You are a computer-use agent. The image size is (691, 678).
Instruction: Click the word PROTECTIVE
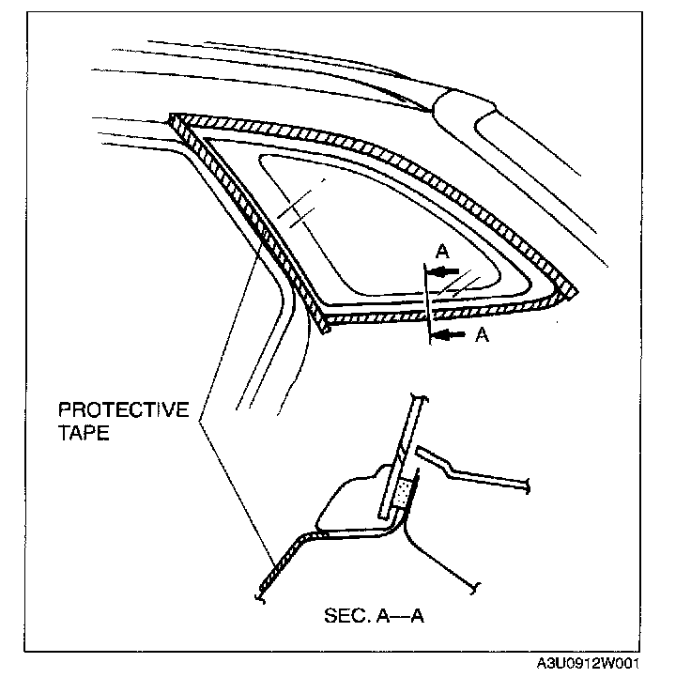(x=124, y=410)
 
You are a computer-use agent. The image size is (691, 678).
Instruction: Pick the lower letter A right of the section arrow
(x=482, y=337)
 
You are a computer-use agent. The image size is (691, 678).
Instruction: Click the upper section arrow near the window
(x=447, y=271)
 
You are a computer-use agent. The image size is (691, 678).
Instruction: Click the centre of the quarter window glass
(x=376, y=225)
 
